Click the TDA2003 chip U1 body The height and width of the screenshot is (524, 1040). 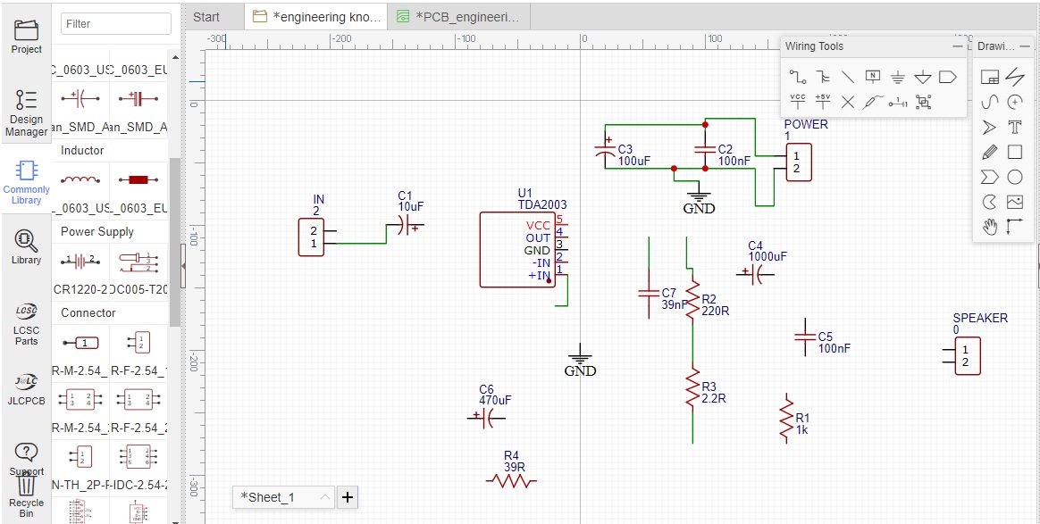516,250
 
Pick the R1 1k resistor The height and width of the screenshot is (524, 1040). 786,418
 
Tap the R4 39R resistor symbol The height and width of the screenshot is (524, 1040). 511,480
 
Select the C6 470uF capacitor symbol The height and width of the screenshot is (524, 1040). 488,416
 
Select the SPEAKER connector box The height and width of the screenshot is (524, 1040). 967,355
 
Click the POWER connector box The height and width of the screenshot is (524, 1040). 799,162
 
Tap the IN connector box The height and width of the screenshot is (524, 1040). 311,237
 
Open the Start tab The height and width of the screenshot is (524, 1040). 206,17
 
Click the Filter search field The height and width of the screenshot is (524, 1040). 116,24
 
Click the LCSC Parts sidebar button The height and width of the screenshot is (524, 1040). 27,323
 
